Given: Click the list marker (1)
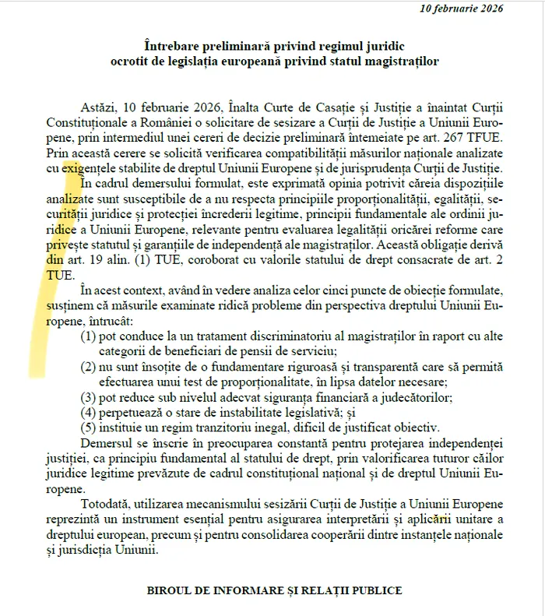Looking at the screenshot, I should click(x=89, y=336).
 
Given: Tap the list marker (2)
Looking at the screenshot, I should click(x=89, y=367).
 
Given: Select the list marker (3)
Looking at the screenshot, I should click(x=89, y=397).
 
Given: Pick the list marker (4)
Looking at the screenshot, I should click(x=89, y=412).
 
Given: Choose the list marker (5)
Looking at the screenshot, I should click(x=89, y=427).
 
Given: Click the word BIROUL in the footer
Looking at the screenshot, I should click(x=170, y=590).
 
